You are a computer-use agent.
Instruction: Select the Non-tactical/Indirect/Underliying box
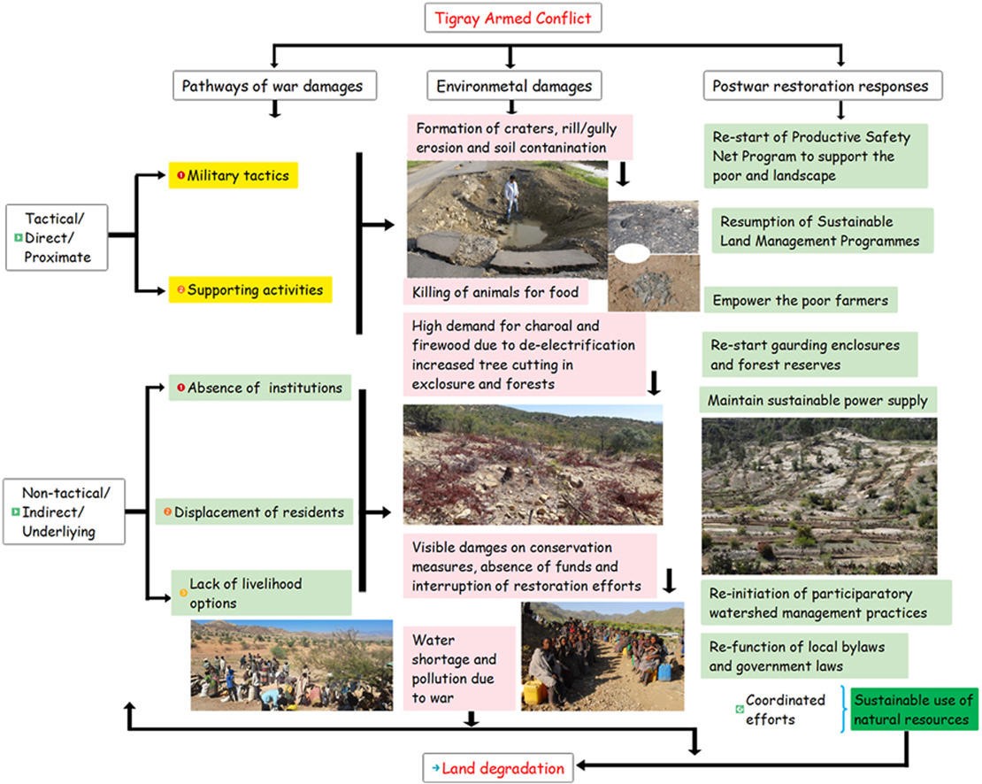coord(63,511)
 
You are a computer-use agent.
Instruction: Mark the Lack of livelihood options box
coord(261,593)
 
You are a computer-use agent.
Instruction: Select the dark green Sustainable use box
coord(915,710)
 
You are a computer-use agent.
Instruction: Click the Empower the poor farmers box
coord(801,300)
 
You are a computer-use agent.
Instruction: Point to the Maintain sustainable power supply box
coord(817,401)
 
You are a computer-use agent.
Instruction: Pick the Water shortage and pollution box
coord(459,668)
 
